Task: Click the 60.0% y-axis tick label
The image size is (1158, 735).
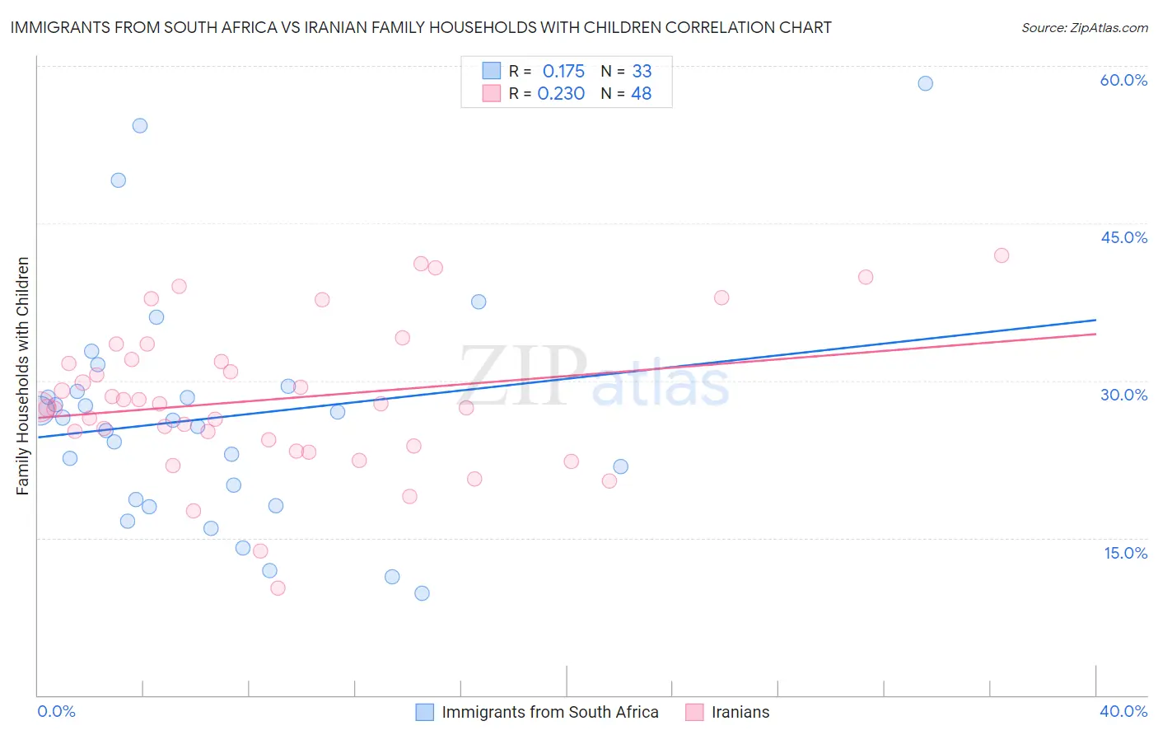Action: point(1123,80)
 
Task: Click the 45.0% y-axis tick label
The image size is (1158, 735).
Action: point(1123,237)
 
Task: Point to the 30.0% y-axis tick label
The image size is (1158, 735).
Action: point(1123,395)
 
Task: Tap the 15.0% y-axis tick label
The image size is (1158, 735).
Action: point(1125,553)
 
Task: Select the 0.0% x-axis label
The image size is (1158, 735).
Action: point(56,711)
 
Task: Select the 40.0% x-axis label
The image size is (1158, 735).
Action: point(1123,711)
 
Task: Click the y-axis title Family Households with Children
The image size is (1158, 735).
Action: point(23,376)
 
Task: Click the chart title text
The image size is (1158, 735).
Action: point(421,27)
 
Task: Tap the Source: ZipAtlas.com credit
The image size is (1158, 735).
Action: point(1084,27)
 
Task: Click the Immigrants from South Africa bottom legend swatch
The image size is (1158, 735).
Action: point(425,712)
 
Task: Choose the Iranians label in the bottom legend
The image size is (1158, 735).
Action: point(740,712)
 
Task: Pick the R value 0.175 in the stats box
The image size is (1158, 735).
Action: point(563,71)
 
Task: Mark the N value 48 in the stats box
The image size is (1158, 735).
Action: point(641,94)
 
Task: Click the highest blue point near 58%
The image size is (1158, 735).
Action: point(925,83)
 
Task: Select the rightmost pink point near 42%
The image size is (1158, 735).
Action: point(1002,255)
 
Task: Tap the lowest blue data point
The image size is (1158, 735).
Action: point(422,593)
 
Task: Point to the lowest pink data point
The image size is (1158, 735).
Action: point(278,588)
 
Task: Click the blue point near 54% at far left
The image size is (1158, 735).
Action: point(140,126)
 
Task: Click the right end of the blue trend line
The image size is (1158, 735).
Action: point(1095,320)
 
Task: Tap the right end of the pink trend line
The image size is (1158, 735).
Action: point(1095,334)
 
